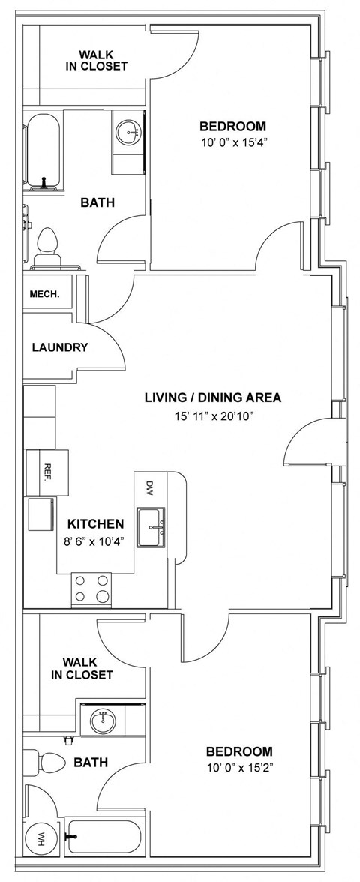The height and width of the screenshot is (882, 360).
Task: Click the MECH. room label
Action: (x=44, y=294)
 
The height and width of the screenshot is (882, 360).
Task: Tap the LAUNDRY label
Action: (x=60, y=347)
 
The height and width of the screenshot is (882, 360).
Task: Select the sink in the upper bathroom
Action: (x=128, y=133)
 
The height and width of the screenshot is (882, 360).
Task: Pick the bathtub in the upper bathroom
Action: (x=42, y=152)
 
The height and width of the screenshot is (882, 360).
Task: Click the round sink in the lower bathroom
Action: (x=103, y=721)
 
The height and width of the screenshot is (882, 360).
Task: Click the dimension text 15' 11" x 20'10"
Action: (x=213, y=417)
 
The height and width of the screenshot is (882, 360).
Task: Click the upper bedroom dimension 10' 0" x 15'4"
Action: (x=233, y=142)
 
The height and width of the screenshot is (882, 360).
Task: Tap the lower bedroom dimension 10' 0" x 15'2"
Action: (x=240, y=767)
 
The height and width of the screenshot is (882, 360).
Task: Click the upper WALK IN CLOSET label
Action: (x=103, y=60)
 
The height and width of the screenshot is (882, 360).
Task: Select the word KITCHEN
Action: (x=96, y=524)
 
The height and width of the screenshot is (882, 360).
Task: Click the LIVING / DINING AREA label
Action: (x=213, y=397)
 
